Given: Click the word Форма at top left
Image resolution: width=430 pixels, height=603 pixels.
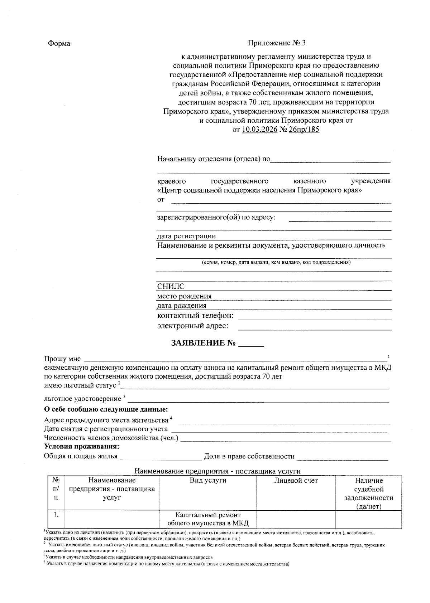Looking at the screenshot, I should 59,44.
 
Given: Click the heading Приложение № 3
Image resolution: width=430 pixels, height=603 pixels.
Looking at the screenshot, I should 277,43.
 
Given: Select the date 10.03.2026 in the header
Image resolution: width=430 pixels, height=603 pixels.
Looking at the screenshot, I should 259,130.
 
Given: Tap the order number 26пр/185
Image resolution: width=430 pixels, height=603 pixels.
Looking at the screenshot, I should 304,130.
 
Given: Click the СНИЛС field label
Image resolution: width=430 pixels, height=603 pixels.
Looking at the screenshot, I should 171,287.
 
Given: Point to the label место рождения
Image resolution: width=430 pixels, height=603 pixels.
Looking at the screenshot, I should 184,296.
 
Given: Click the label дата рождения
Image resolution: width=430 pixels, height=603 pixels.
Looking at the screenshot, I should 182,306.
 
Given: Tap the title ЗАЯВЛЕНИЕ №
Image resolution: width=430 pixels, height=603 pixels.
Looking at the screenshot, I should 204,343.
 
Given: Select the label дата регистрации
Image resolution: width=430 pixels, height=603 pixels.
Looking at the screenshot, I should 186,236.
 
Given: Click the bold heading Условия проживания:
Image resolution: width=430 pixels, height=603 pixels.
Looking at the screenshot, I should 81,447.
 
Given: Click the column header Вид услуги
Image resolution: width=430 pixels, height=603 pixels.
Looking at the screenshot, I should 208,481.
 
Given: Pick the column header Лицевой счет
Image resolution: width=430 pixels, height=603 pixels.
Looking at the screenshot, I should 296,481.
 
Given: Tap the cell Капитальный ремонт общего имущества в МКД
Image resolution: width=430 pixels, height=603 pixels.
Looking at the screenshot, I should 208,519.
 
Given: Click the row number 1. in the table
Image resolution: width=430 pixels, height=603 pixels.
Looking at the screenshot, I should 56,515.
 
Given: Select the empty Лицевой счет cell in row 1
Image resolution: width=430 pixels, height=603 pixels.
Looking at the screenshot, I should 296,519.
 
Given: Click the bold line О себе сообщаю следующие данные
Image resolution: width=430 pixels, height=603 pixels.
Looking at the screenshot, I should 106,409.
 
